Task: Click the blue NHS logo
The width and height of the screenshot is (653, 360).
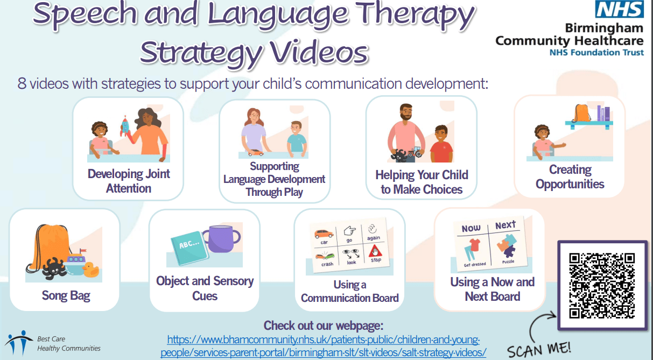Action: (x=619, y=9)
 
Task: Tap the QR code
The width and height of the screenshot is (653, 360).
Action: (x=602, y=286)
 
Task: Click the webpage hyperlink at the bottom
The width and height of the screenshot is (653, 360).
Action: (x=324, y=346)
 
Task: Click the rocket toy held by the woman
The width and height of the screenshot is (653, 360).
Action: (x=125, y=126)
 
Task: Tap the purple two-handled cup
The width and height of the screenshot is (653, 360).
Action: (x=222, y=238)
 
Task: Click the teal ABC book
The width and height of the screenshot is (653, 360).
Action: (x=190, y=248)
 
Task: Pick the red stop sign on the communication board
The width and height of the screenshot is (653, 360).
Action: (x=375, y=251)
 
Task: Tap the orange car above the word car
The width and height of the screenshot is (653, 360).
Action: (x=324, y=234)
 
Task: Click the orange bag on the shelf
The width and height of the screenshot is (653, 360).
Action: (x=582, y=113)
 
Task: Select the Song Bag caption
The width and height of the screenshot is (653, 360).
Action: (x=66, y=295)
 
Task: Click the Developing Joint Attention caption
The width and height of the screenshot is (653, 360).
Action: (x=129, y=181)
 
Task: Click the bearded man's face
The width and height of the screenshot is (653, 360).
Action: (x=406, y=112)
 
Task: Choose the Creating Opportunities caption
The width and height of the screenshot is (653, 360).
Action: (x=570, y=177)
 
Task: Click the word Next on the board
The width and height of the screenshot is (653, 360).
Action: (x=505, y=225)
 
